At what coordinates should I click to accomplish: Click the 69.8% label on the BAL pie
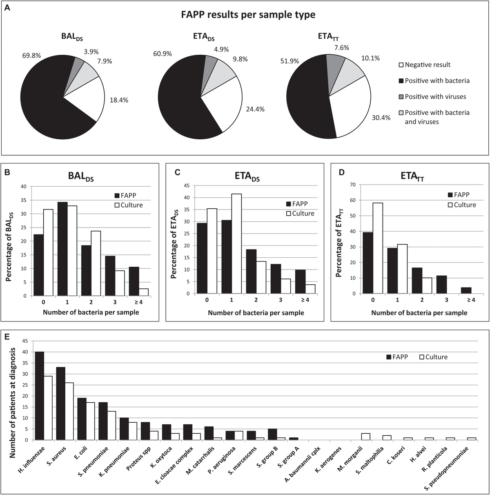point(31,56)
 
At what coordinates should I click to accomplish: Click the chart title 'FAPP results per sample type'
point(248,15)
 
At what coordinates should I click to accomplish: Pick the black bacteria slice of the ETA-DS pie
point(184,98)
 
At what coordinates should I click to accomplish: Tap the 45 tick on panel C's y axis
point(187,185)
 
